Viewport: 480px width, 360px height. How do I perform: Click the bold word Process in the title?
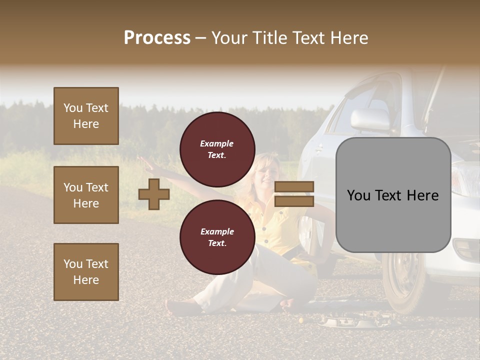click(157, 38)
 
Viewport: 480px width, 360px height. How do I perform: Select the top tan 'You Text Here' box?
click(86, 116)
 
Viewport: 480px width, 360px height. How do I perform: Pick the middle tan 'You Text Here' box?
click(86, 195)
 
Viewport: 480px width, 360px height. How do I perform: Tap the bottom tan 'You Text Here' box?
click(86, 272)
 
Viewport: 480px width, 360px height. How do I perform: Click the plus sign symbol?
click(154, 194)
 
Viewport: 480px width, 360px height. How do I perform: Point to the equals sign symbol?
click(294, 194)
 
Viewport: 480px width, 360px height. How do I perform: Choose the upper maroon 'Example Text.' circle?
click(217, 149)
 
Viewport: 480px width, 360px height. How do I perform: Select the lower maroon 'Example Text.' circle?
click(217, 237)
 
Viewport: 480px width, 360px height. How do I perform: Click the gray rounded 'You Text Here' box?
click(393, 195)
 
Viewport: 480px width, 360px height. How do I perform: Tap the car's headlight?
click(465, 180)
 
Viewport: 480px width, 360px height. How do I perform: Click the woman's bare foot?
click(177, 306)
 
